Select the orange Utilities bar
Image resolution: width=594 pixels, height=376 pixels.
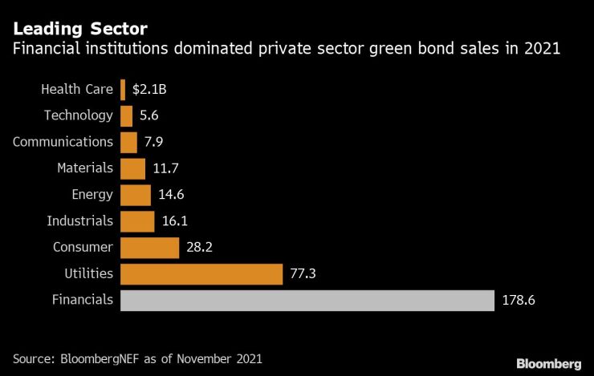pos(201,274)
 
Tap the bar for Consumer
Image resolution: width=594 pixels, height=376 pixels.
pos(149,248)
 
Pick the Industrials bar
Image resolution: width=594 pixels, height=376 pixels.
pos(136,221)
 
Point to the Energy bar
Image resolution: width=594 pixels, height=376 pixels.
pos(135,195)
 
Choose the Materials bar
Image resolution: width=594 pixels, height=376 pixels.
pos(132,168)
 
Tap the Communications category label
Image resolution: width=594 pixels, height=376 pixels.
pos(63,142)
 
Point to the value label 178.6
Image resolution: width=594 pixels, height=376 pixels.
pos(518,301)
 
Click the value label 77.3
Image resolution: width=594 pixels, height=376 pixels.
pos(302,274)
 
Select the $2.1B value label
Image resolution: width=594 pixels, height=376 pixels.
pos(149,89)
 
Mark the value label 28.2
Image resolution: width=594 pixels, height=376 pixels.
pos(198,248)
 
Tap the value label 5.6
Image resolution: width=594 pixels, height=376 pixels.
pos(148,115)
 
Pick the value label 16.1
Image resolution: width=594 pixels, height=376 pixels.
pos(173,221)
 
